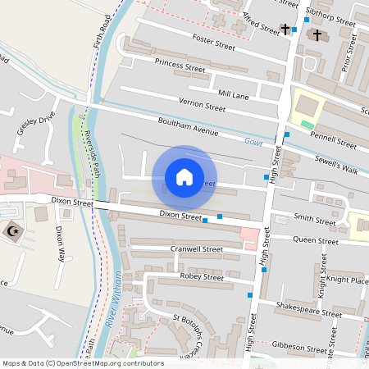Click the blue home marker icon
point(184,176)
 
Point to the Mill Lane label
point(233,95)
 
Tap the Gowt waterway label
point(253,142)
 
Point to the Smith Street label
point(316,221)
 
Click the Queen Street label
point(316,242)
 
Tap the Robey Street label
point(202,277)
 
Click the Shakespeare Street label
point(310,312)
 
